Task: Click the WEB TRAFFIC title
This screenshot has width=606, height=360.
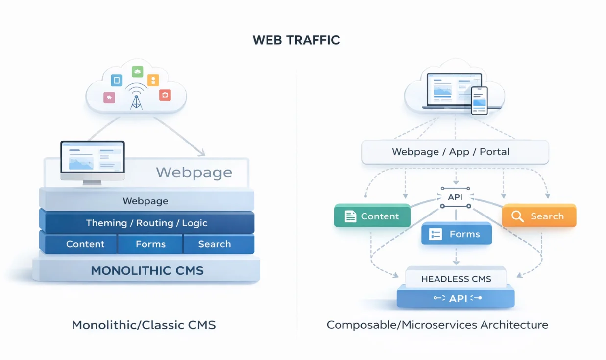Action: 296,40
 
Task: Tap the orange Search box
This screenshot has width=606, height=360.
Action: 539,216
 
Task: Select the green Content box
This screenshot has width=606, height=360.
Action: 372,216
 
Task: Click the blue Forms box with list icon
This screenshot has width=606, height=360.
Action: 456,234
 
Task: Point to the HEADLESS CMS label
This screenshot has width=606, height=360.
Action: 456,279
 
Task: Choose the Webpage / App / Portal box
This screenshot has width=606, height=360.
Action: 455,152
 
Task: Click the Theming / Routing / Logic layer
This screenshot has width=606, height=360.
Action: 146,223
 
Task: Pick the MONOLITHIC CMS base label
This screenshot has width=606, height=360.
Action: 147,270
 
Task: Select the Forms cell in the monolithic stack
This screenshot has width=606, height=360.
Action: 150,244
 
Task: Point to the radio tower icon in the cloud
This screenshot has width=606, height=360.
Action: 136,96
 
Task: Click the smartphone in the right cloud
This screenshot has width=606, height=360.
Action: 479,100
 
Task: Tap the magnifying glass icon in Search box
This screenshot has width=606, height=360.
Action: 517,216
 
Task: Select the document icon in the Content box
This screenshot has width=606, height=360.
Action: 350,216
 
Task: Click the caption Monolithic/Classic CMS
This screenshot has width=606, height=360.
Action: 144,325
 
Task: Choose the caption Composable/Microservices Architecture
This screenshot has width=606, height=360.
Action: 437,325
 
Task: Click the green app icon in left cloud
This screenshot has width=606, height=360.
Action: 137,72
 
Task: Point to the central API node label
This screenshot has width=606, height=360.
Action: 456,197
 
